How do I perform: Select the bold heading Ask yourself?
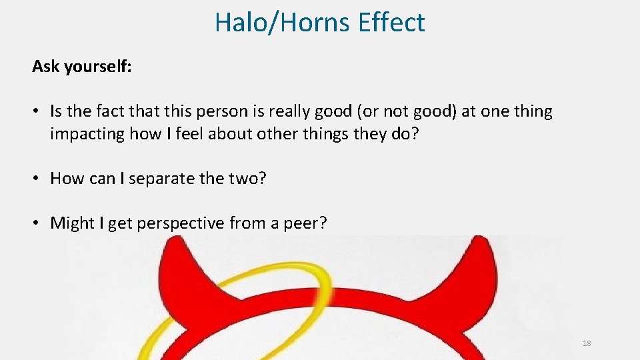(82, 67)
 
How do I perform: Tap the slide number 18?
(587, 343)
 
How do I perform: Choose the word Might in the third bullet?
(72, 223)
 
